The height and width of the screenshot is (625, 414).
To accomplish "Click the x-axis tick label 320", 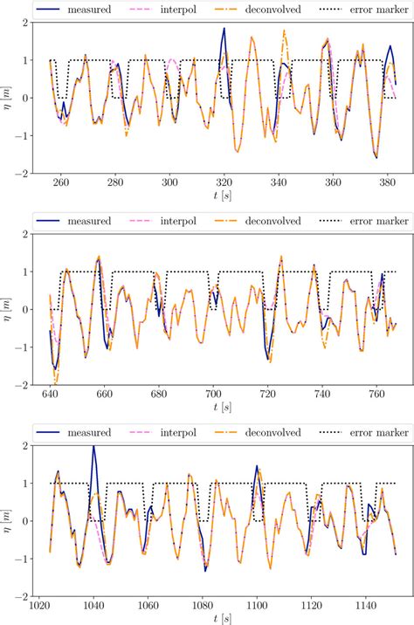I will tap(224, 182).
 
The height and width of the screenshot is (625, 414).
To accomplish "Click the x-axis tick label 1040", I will tap(93, 604).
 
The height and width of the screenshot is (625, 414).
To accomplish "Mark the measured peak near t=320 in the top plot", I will tap(224, 29).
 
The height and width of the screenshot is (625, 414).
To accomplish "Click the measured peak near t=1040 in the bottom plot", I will tap(93, 447).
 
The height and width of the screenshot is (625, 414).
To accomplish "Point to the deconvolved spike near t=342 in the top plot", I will tap(284, 31).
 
